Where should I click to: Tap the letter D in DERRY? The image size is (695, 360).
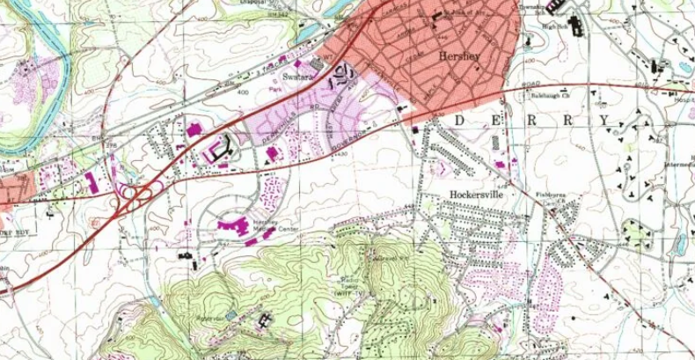[460, 119]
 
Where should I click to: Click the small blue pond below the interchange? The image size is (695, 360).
[230, 314]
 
